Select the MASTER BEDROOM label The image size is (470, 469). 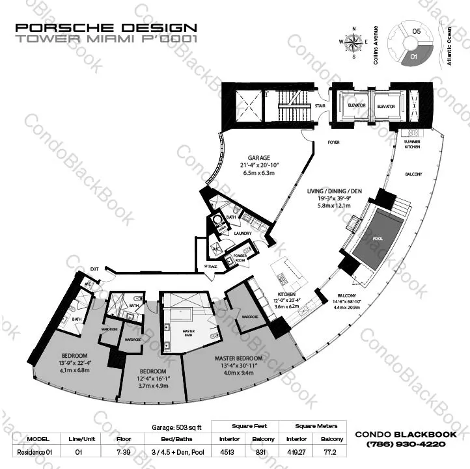[x=239, y=358]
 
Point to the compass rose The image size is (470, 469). [x=355, y=42]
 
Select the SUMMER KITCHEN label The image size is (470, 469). [x=412, y=144]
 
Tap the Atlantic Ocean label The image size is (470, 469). [x=449, y=42]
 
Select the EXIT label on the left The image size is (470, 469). [x=94, y=268]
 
